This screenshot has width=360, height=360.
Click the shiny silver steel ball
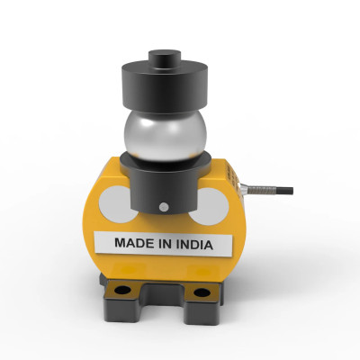[x=165, y=136]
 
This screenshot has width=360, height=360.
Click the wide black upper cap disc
[x=165, y=86]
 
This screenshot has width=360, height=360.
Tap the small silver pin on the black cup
[x=164, y=207]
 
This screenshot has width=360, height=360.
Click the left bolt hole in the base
[x=122, y=290]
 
